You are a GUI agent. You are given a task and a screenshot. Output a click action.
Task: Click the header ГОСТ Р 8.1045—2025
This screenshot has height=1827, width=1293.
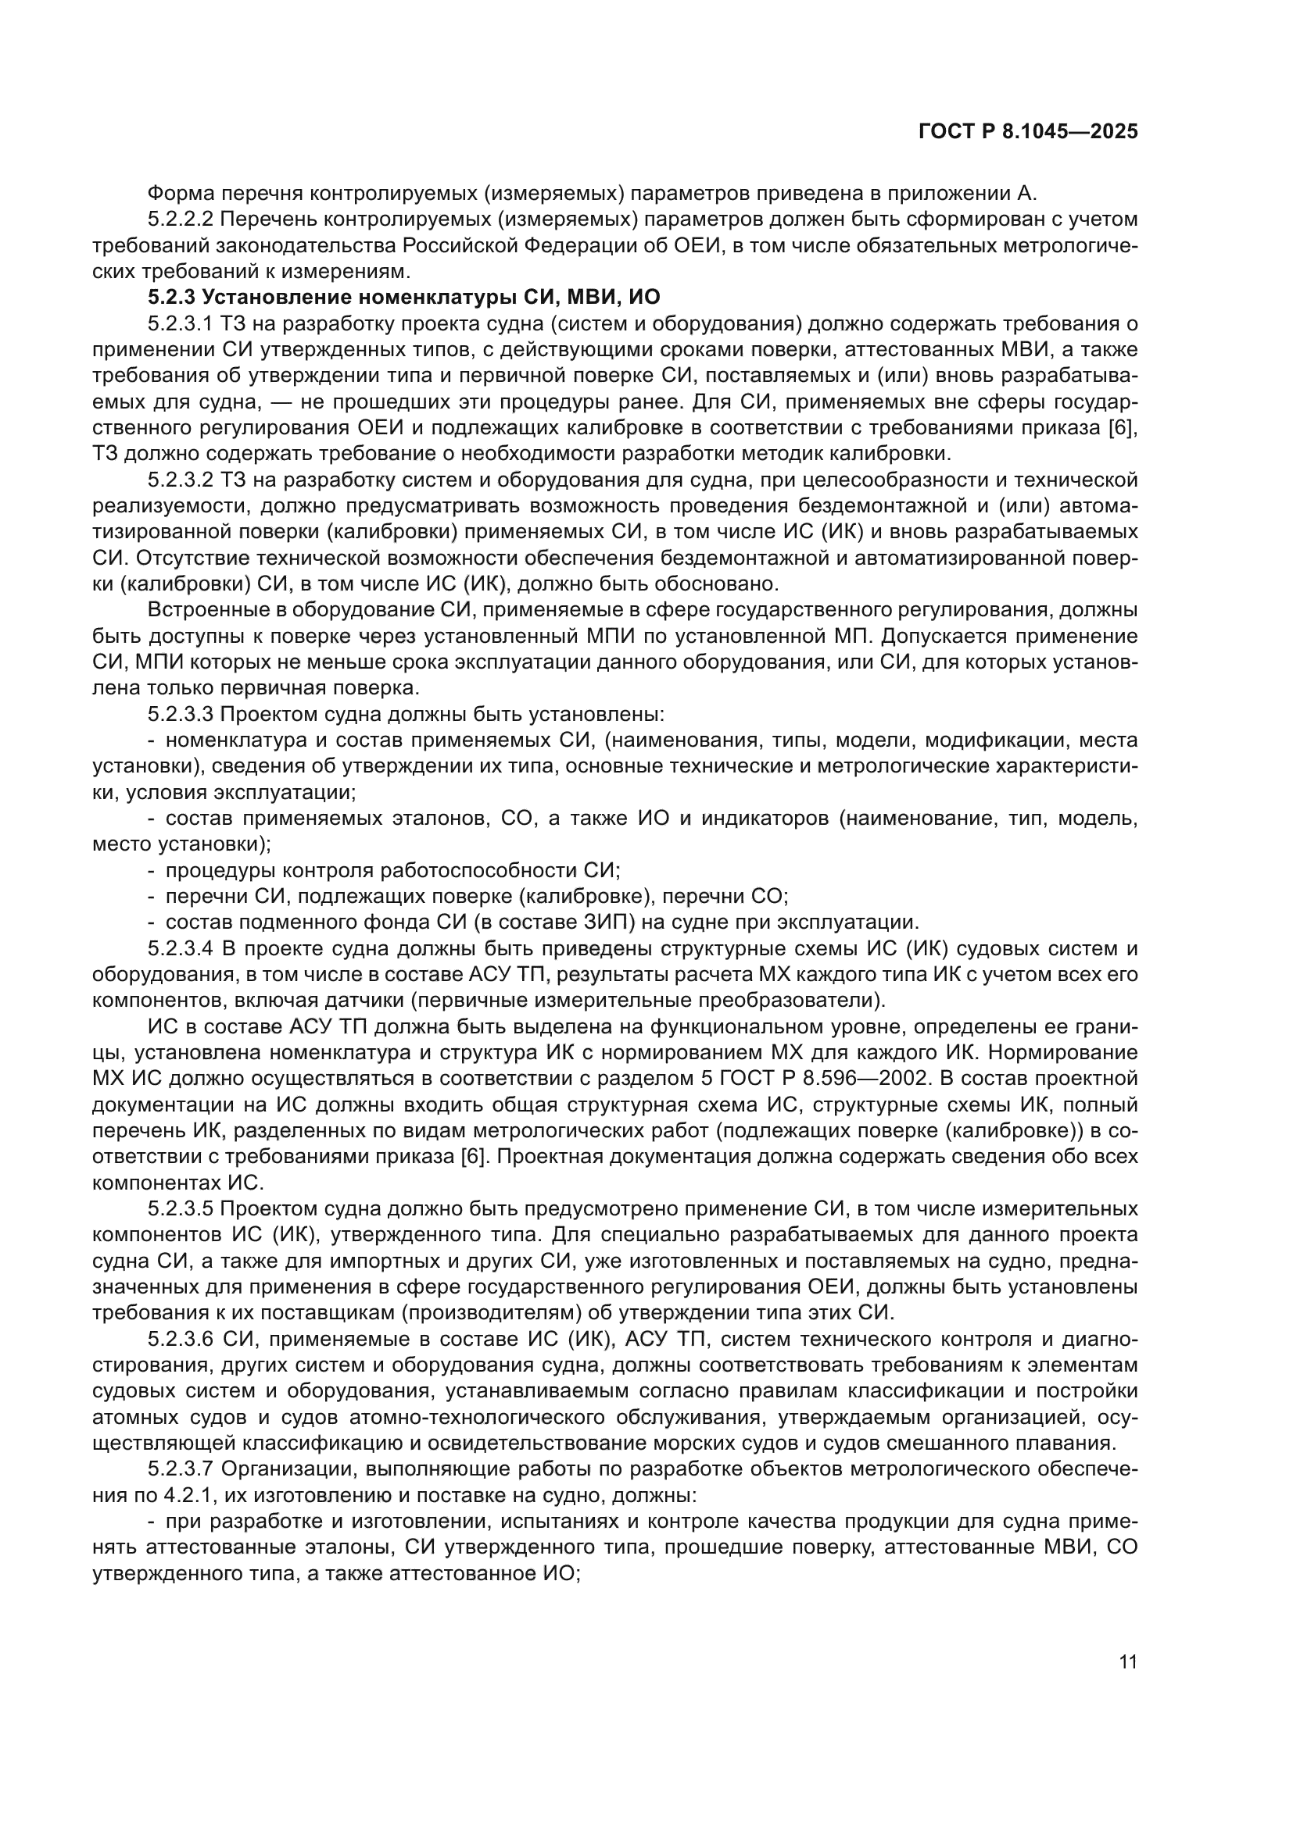[1028, 132]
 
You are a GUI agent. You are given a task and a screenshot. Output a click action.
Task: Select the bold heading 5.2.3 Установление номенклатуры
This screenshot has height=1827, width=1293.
[403, 298]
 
